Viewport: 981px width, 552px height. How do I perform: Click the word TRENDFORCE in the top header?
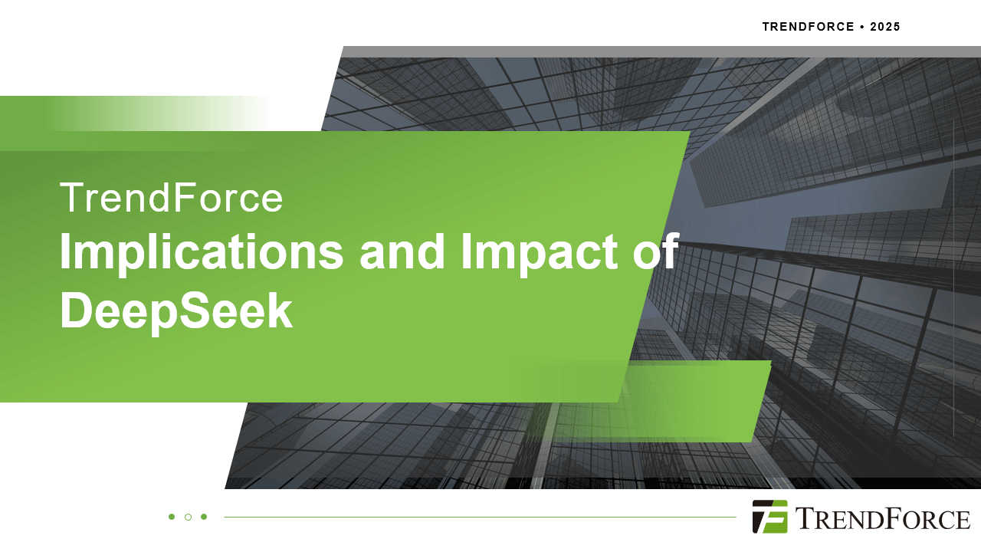[x=808, y=27]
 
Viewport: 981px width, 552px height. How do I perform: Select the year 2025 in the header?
[x=885, y=27]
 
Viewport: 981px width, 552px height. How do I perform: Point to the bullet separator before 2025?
[x=862, y=27]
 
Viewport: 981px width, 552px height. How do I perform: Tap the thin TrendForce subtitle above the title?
[x=171, y=198]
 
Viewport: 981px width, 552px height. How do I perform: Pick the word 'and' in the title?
[x=402, y=253]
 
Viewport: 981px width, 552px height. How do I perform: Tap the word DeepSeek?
[x=176, y=312]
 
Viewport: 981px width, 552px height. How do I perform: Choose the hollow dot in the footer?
[x=188, y=517]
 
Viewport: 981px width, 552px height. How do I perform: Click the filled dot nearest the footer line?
[x=204, y=517]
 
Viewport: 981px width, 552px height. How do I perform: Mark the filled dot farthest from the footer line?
[x=172, y=517]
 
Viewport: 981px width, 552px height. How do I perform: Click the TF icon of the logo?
[x=769, y=517]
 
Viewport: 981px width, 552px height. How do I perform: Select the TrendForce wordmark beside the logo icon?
[x=882, y=518]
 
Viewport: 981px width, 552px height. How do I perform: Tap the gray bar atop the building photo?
[x=659, y=51]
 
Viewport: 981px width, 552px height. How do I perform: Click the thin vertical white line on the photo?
[x=953, y=276]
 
